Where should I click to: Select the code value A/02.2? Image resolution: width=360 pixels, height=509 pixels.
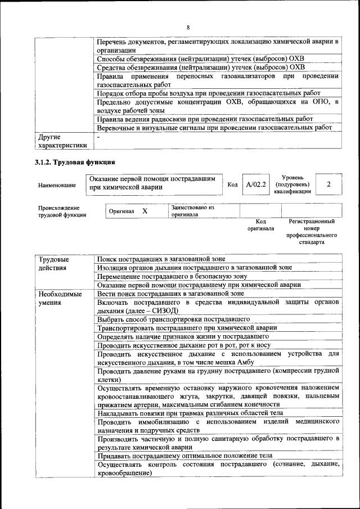tap(256, 184)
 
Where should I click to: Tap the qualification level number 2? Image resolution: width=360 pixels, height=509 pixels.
tap(328, 184)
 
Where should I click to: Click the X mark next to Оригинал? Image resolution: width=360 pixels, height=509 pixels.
tap(145, 211)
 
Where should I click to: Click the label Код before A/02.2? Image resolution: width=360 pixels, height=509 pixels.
tap(232, 184)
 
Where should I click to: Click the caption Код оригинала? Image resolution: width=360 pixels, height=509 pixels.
tap(260, 226)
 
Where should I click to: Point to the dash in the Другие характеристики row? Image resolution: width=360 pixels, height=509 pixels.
tap(98, 137)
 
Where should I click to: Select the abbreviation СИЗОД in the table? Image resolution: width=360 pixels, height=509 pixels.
tap(165, 310)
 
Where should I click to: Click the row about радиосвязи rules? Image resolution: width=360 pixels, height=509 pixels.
tap(204, 119)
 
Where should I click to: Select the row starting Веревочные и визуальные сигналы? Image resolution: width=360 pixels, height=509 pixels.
tap(214, 128)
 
